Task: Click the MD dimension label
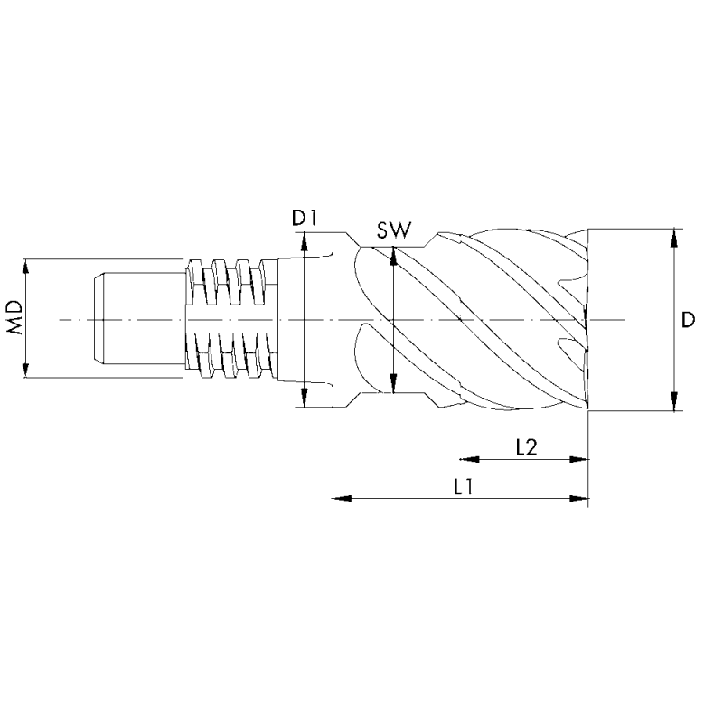pyautogui.click(x=15, y=319)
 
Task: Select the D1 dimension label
pyautogui.click(x=302, y=217)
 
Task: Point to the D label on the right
pyautogui.click(x=689, y=320)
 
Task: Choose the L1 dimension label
pyautogui.click(x=464, y=485)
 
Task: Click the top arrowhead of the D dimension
pyautogui.click(x=673, y=238)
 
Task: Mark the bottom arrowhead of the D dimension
pyautogui.click(x=673, y=402)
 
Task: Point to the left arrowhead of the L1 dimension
pyautogui.click(x=343, y=497)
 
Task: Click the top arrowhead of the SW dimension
pyautogui.click(x=393, y=257)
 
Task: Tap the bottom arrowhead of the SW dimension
pyautogui.click(x=393, y=386)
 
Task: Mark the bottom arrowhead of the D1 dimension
pyautogui.click(x=305, y=398)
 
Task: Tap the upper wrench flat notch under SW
pyautogui.click(x=389, y=245)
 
